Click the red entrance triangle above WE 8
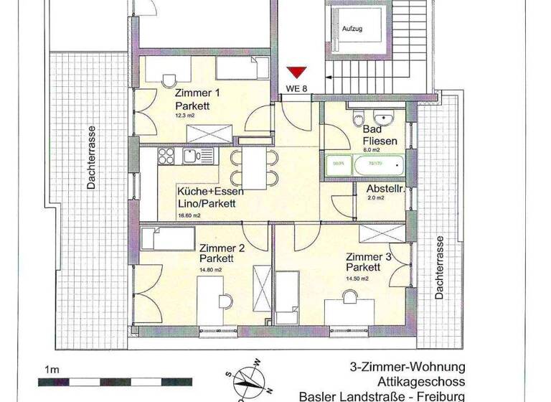click(296, 73)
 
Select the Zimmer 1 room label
click(197, 94)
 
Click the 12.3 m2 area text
click(184, 114)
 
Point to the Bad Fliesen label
click(379, 136)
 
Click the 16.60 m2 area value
click(189, 215)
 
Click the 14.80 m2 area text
click(212, 270)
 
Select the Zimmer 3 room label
click(369, 257)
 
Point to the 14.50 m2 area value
click(357, 279)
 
